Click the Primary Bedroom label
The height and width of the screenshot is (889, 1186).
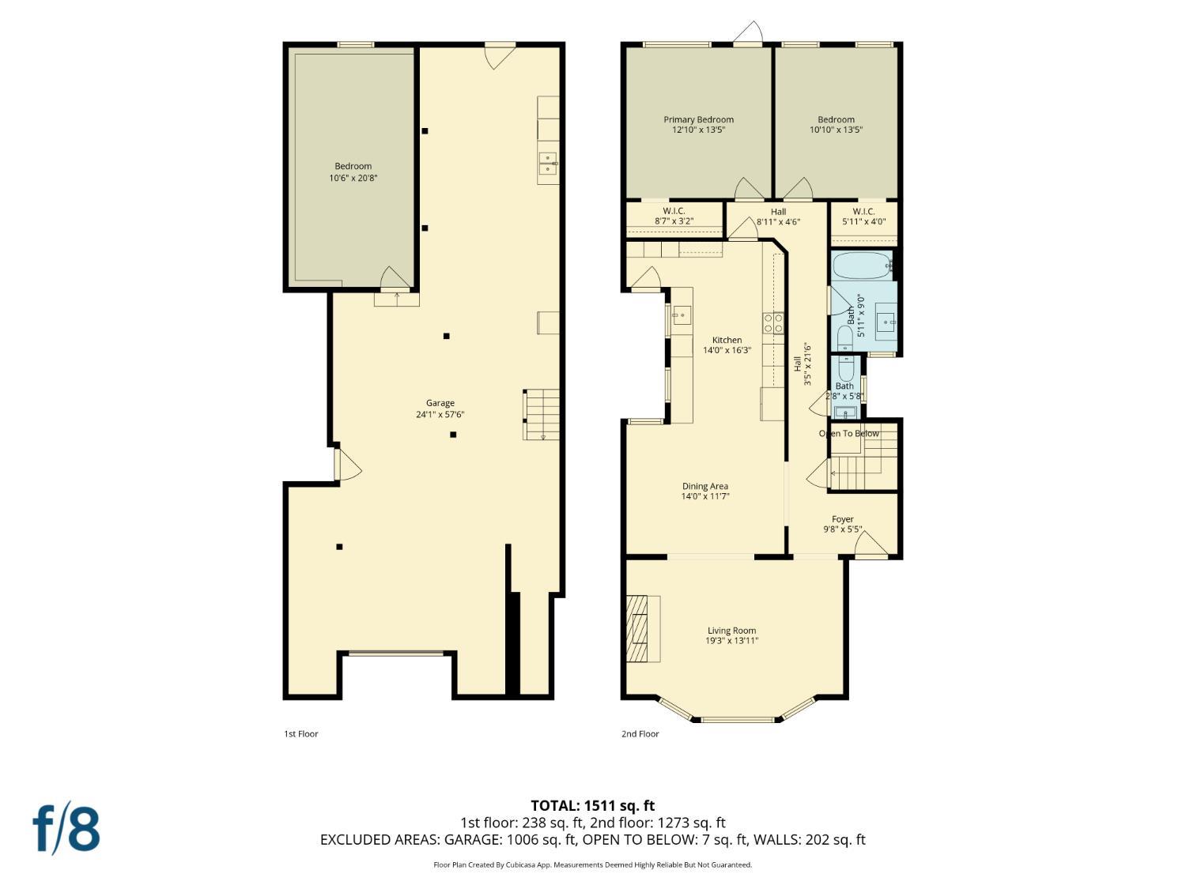pyautogui.click(x=698, y=125)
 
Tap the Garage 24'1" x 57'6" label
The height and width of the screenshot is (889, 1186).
pyautogui.click(x=440, y=409)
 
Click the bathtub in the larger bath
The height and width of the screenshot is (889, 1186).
pyautogui.click(x=861, y=266)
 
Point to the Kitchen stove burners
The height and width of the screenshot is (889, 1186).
pyautogui.click(x=772, y=322)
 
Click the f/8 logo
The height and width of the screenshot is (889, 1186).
pyautogui.click(x=66, y=828)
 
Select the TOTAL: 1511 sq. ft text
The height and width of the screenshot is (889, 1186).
pyautogui.click(x=592, y=805)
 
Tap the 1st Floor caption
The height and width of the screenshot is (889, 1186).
pyautogui.click(x=300, y=734)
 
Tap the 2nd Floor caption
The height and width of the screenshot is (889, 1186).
pyautogui.click(x=640, y=734)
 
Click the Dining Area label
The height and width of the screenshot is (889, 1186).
pyautogui.click(x=704, y=492)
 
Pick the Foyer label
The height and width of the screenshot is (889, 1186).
pyautogui.click(x=842, y=524)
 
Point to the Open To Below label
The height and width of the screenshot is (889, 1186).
pyautogui.click(x=848, y=434)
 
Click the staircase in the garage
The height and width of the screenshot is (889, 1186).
pyautogui.click(x=542, y=415)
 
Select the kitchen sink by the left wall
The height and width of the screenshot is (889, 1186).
pyautogui.click(x=681, y=315)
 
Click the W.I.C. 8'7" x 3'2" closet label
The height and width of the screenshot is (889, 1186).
pyautogui.click(x=674, y=217)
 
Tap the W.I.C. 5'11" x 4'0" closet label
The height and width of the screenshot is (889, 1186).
pyautogui.click(x=863, y=217)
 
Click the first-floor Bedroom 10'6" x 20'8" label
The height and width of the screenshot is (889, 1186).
pyautogui.click(x=353, y=171)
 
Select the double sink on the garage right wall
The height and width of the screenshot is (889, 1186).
pyautogui.click(x=548, y=164)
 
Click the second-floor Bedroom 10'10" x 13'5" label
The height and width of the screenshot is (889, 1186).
pyautogui.click(x=836, y=125)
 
